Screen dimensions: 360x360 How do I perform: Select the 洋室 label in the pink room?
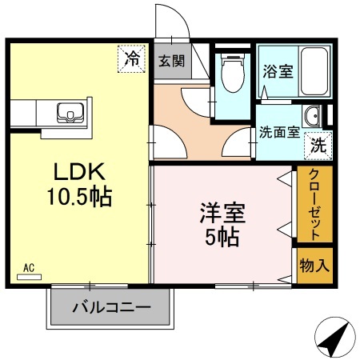tap(222, 214)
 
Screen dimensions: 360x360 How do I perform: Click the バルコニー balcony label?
tap(111, 306)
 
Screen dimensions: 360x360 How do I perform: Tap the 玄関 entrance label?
tap(170, 60)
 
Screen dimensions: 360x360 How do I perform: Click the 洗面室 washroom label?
tap(279, 134)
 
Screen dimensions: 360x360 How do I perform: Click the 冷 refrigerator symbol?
tap(133, 58)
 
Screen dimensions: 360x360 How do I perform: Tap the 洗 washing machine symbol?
tap(318, 146)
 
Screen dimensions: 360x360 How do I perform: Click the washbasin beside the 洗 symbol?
tap(312, 114)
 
